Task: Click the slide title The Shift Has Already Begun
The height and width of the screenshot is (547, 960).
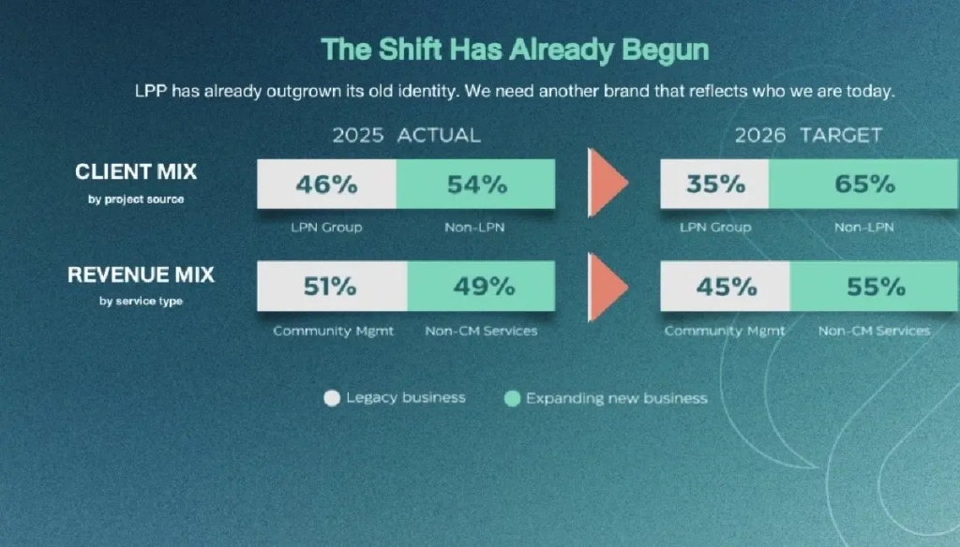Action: pos(515,50)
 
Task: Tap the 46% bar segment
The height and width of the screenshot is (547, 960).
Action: pos(327,185)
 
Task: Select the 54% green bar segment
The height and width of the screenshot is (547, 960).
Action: pos(475,185)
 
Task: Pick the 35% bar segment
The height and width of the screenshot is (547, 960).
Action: pos(714,184)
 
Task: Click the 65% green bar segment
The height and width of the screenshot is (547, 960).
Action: pos(864,184)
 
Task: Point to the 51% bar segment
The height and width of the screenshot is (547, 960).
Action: pos(333,287)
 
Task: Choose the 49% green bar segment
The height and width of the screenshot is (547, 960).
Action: pos(481,287)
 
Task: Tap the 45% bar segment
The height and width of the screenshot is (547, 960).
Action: pos(726,287)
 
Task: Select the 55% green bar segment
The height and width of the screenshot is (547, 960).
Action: pos(875,287)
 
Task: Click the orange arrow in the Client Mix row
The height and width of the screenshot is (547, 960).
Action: pos(607,183)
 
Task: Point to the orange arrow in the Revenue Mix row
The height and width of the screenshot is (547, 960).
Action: pos(607,287)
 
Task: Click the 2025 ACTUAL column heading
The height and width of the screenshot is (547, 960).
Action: pos(407,135)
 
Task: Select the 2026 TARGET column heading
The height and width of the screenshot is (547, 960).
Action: pos(808,135)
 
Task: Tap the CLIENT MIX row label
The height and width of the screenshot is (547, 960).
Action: pos(136,172)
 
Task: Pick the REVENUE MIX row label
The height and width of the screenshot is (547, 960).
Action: pos(141,274)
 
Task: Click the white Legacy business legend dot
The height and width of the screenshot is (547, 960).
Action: pos(332,398)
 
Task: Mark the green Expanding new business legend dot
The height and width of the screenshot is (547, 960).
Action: pos(513,399)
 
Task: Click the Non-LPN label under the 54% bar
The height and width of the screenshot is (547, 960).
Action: pos(474,228)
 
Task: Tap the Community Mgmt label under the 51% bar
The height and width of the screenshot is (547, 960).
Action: pos(333,331)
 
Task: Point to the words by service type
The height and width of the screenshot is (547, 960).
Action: pos(141,301)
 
